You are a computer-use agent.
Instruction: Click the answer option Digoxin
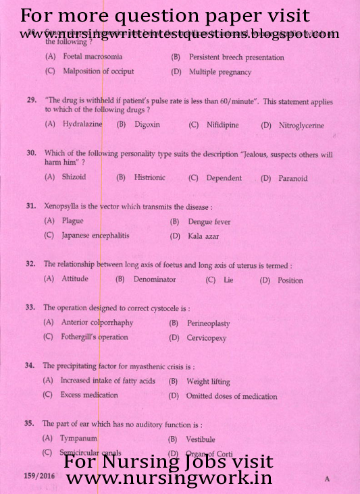pos(147,125)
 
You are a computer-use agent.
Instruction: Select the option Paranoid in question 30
pos(292,178)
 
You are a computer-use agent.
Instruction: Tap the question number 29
pos(32,101)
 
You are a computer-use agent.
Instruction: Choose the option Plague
pos(72,221)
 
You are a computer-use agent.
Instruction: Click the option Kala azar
pos(203,236)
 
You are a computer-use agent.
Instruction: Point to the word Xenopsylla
pos(65,206)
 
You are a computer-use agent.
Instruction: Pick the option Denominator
pos(154,279)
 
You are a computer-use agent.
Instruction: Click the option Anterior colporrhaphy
pos(97,323)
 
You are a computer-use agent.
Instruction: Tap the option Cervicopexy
pos(206,338)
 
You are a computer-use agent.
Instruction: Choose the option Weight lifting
pos(208,381)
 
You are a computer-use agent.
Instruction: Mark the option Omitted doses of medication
pos(231,396)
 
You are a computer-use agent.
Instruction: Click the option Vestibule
pos(201,439)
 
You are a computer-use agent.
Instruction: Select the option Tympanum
pos(78,439)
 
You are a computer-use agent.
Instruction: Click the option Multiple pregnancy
pos(220,72)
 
